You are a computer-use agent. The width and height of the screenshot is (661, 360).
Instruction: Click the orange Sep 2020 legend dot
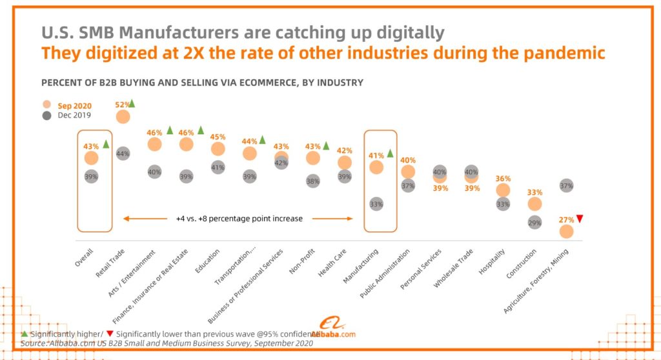tap(46, 105)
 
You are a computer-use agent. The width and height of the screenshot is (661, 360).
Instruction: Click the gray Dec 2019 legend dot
tap(46, 115)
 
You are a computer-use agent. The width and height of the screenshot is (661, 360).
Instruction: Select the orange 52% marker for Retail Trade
tap(123, 116)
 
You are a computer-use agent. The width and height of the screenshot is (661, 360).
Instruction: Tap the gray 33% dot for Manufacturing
tap(376, 203)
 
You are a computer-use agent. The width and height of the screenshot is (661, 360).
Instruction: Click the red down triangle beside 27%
tap(580, 219)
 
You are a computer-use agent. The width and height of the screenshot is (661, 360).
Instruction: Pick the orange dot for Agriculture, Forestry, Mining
tap(567, 231)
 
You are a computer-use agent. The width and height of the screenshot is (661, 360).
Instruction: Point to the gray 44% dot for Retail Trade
tap(123, 154)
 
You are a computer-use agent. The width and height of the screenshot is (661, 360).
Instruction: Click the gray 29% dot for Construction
tap(534, 222)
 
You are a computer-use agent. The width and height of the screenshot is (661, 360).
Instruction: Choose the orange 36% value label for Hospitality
tap(503, 179)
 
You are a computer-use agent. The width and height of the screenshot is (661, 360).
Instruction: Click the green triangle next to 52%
tap(132, 103)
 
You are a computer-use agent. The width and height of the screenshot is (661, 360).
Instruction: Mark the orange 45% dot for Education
tap(218, 148)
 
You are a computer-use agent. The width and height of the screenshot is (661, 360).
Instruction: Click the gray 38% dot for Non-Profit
tap(313, 181)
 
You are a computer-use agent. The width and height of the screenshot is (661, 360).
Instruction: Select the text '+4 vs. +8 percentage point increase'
tap(239, 219)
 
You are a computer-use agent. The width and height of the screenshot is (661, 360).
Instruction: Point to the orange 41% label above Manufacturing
tap(375, 155)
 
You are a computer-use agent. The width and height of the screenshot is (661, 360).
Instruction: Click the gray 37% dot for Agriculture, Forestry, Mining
tap(567, 185)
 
